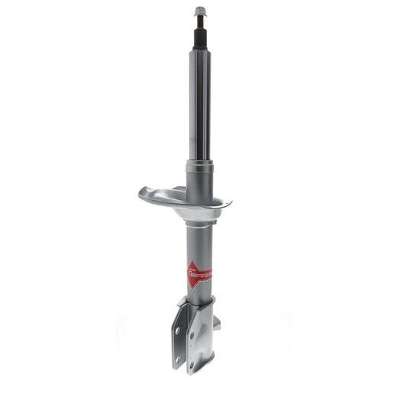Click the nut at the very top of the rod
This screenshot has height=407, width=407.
[x=199, y=11]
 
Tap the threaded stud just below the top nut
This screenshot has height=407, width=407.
[x=199, y=21]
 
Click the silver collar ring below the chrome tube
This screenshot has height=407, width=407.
[x=199, y=166]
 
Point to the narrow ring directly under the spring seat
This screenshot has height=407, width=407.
[x=199, y=222]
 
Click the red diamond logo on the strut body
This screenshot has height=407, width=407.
[x=199, y=273]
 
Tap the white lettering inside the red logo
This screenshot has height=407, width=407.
[x=203, y=273]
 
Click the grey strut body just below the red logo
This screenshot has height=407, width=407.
[x=199, y=294]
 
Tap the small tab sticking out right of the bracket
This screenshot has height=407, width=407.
[x=217, y=322]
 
